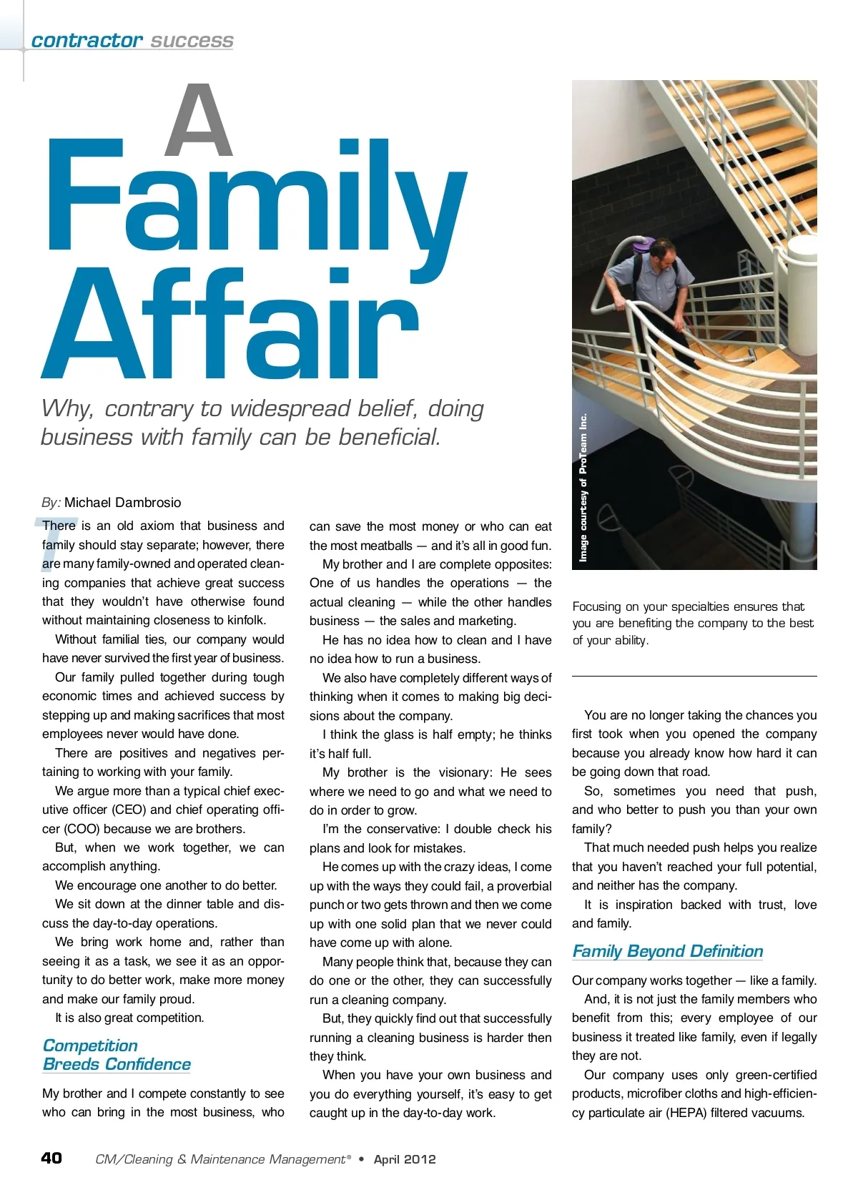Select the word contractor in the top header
click(87, 40)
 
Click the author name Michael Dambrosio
click(122, 502)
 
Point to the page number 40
click(51, 1158)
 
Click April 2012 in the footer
click(404, 1159)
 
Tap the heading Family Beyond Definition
click(667, 951)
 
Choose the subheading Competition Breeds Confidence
click(117, 1055)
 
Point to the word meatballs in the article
click(386, 546)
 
